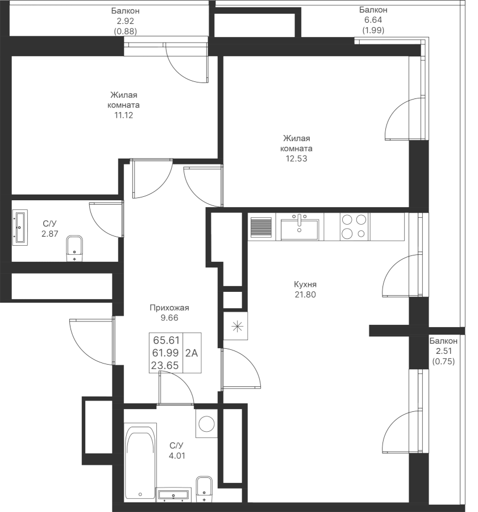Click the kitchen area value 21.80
click(305, 295)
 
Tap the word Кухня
click(305, 284)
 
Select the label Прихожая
click(169, 308)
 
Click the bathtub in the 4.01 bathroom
click(140, 465)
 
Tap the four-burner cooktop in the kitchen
click(354, 226)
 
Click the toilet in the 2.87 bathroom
click(74, 248)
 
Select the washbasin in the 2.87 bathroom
click(20, 227)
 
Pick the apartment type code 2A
click(192, 353)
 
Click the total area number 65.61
click(167, 340)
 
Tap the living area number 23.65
click(165, 365)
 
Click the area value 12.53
click(296, 159)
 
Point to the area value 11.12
click(123, 115)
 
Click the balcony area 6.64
click(373, 20)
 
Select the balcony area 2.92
click(125, 21)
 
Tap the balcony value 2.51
click(443, 352)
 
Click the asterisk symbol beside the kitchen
click(237, 326)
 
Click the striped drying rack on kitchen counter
click(261, 227)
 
